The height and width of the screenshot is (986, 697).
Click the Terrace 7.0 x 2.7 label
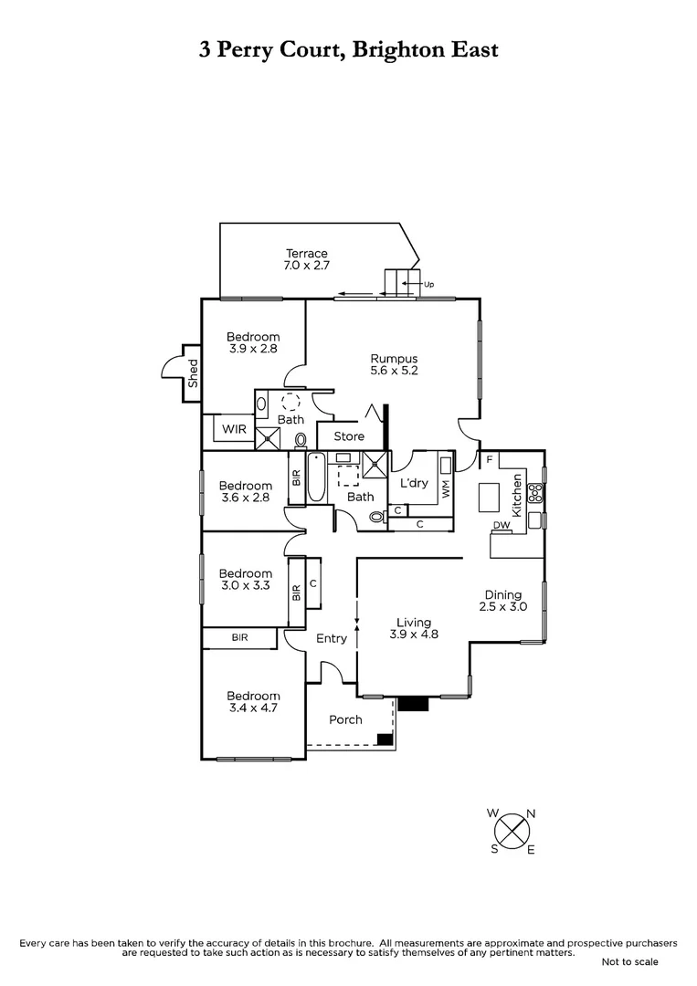pyautogui.click(x=306, y=259)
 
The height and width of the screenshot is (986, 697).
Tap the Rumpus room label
pyautogui.click(x=394, y=364)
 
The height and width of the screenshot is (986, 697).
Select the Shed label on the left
pyautogui.click(x=193, y=373)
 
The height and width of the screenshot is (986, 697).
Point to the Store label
pyautogui.click(x=348, y=436)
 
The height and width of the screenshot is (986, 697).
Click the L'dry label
pyautogui.click(x=414, y=483)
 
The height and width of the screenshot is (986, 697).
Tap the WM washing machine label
pyautogui.click(x=446, y=488)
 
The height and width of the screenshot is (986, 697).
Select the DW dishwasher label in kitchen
pyautogui.click(x=502, y=525)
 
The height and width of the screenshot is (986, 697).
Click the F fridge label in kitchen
pyautogui.click(x=489, y=459)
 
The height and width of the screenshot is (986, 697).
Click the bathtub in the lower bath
pyautogui.click(x=316, y=477)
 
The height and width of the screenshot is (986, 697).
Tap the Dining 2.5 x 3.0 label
pyautogui.click(x=504, y=601)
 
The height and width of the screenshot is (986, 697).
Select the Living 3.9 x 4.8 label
pyautogui.click(x=414, y=628)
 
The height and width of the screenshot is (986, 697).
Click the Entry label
pyautogui.click(x=331, y=638)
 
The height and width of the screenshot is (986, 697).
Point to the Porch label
pyautogui.click(x=345, y=719)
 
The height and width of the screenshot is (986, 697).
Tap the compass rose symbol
pyautogui.click(x=512, y=831)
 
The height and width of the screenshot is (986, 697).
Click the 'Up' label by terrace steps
pyautogui.click(x=428, y=284)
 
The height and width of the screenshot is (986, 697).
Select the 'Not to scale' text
pyautogui.click(x=629, y=961)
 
